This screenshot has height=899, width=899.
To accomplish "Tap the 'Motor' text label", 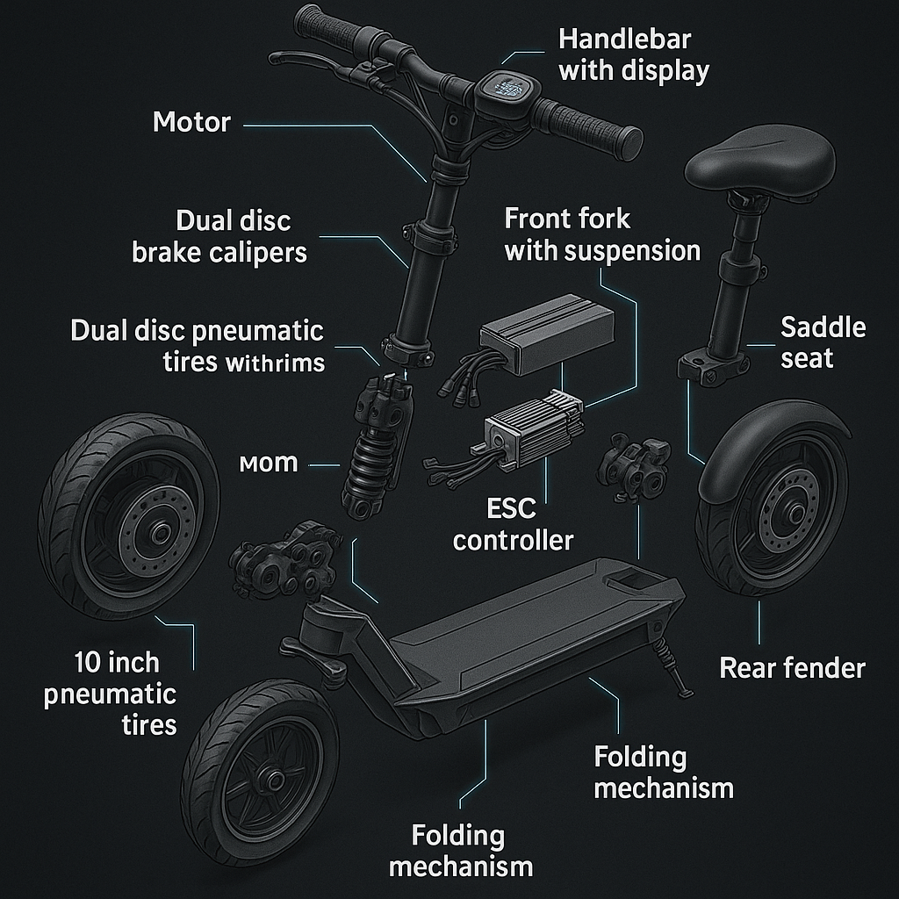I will [x=191, y=121].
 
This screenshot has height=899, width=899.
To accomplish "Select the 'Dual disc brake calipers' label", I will [x=220, y=236].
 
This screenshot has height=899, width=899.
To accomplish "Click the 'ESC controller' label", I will [x=513, y=523].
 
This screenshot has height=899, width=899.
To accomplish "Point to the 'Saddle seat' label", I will [x=823, y=342].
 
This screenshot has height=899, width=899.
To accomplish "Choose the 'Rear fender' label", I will [x=792, y=667].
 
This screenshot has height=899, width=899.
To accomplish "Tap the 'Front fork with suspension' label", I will [x=602, y=234].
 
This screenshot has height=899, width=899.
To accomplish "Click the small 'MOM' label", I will [x=269, y=463].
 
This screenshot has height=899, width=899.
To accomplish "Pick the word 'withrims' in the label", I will [x=274, y=362].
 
